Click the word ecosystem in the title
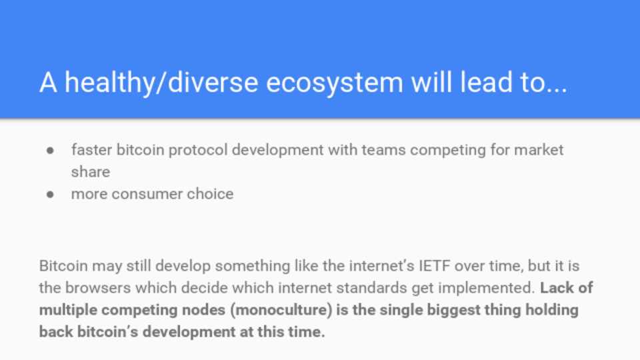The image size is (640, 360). coord(335,83)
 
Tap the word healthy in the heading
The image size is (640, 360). coord(110,83)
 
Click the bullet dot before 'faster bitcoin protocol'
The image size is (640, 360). coord(50,151)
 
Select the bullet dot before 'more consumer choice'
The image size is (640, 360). coord(50,194)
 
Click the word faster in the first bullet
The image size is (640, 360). coord(92,150)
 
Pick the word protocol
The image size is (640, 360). coord(198,151)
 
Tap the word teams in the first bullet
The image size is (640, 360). coord(383,150)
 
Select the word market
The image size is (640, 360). coord(539,150)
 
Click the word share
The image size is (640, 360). coord(91,172)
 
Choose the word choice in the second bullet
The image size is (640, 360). coord(210,194)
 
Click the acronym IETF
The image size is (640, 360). coord(434,266)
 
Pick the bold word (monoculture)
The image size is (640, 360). coord(281,310)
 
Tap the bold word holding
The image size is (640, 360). coord(552,311)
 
